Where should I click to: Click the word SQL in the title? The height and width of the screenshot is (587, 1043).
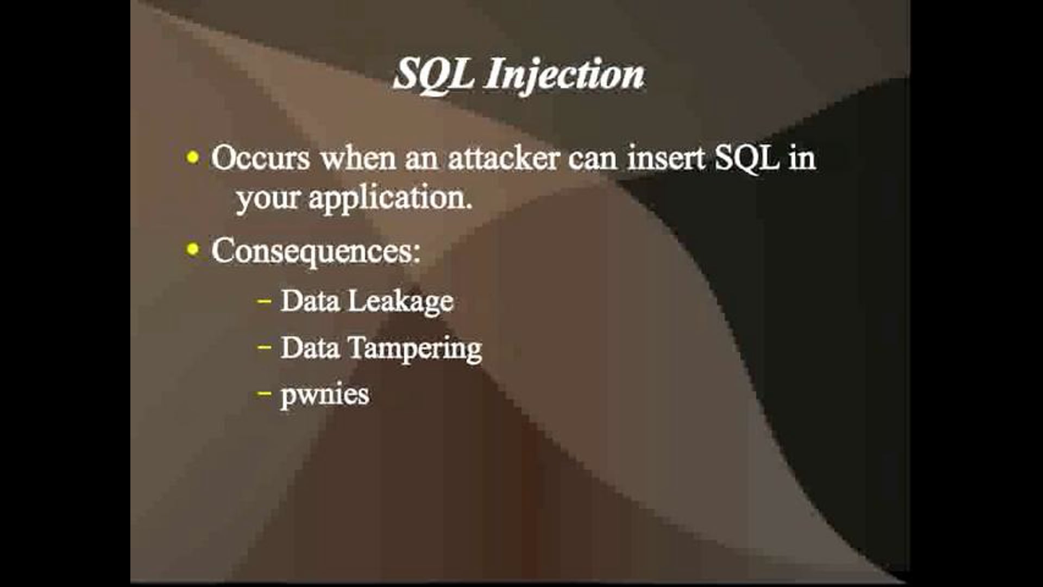[432, 74]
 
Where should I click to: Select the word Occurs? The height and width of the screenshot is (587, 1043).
[260, 159]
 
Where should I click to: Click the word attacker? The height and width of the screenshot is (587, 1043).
[504, 159]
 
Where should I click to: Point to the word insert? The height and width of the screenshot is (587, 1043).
[666, 159]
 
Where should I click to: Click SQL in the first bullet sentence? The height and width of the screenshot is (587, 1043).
[746, 159]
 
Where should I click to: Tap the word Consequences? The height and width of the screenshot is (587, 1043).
[316, 251]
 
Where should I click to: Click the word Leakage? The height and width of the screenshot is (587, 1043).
[400, 301]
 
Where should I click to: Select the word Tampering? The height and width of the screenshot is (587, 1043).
[414, 348]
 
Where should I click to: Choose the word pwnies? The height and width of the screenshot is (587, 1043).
[325, 395]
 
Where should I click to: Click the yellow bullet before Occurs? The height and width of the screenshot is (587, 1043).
[192, 158]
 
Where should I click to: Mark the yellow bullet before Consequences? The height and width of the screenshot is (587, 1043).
[192, 250]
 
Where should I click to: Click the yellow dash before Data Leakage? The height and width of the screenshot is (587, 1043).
[265, 300]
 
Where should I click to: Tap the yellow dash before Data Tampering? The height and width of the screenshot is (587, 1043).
[265, 347]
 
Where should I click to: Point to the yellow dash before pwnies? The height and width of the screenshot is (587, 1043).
[265, 393]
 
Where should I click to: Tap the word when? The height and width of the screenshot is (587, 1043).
[358, 159]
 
